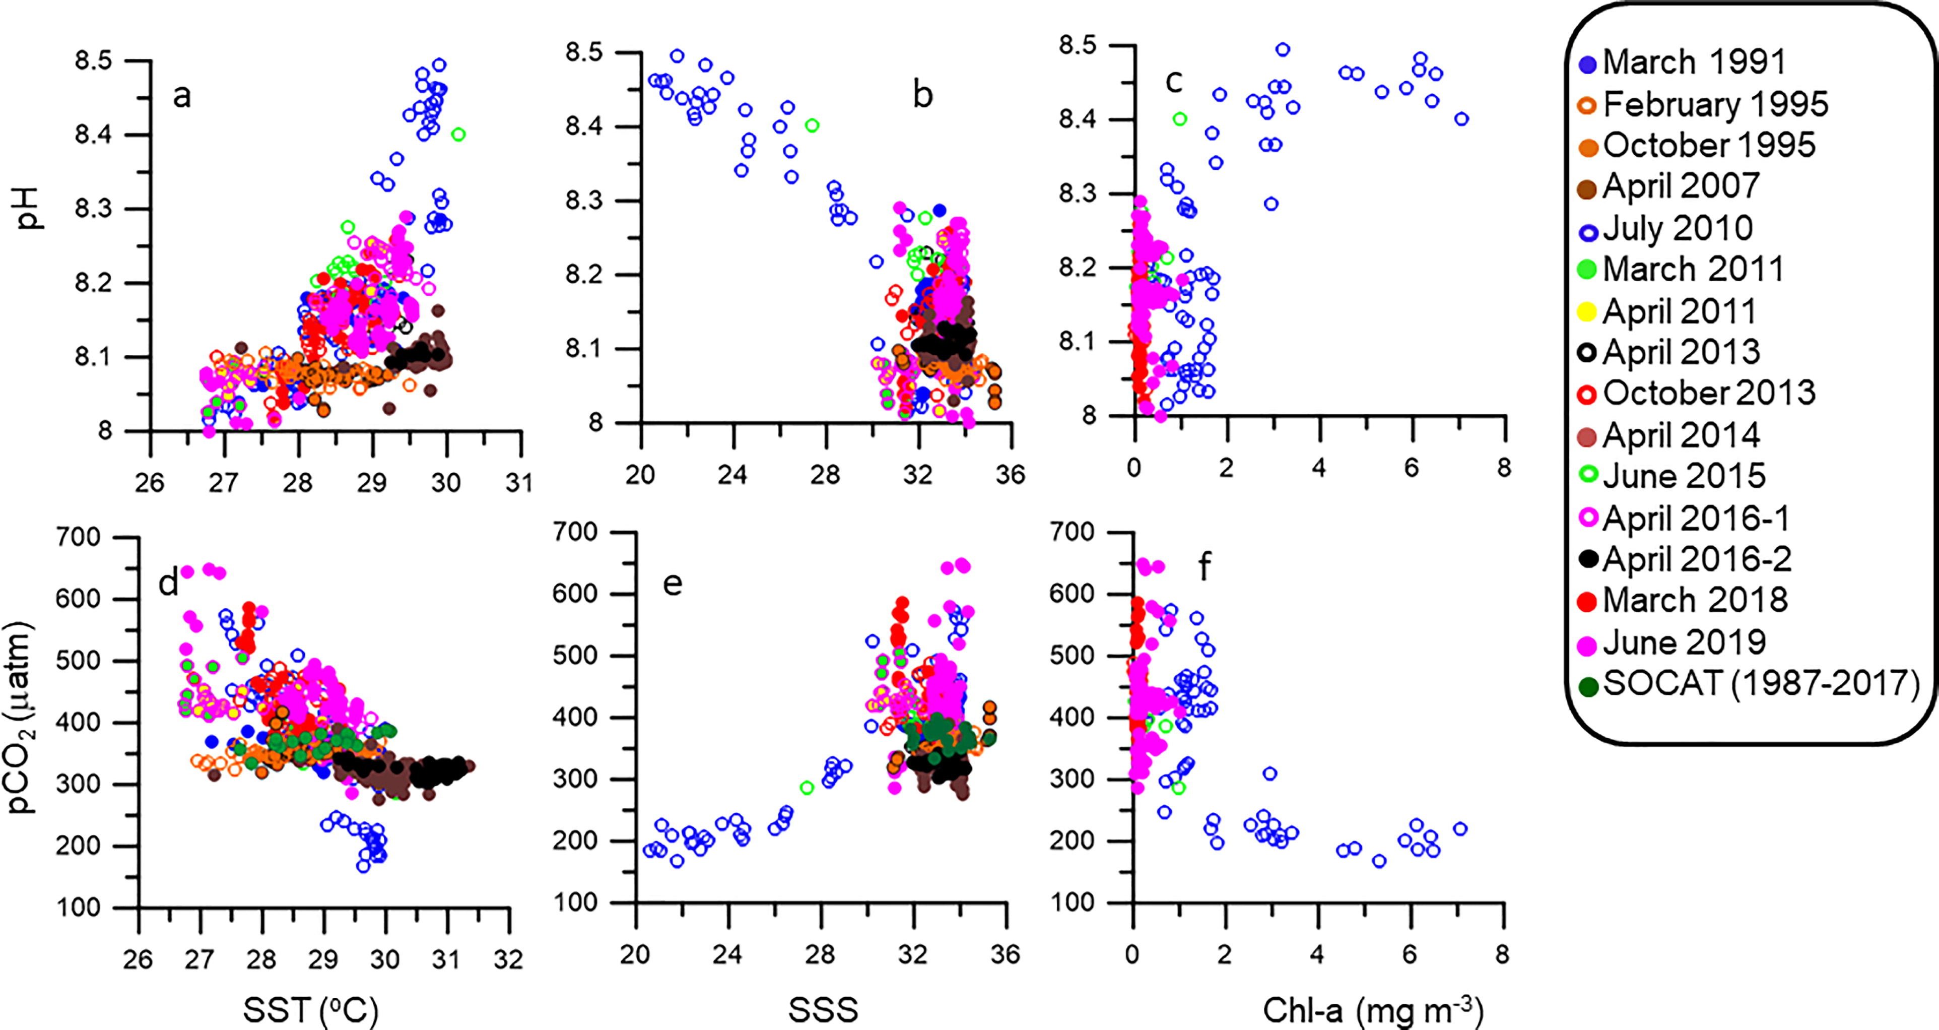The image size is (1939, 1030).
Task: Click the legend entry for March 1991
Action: (1682, 62)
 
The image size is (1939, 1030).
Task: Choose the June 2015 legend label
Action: (1672, 476)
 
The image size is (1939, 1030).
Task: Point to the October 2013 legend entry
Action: (1697, 393)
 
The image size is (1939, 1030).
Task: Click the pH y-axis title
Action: (30, 209)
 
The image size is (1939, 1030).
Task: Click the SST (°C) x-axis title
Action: (310, 1010)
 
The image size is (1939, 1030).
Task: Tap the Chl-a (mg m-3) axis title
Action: (1372, 1010)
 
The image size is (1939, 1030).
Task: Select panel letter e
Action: (672, 584)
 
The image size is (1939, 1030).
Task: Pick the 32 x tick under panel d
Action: (508, 959)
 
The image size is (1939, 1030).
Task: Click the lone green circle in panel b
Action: (812, 126)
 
